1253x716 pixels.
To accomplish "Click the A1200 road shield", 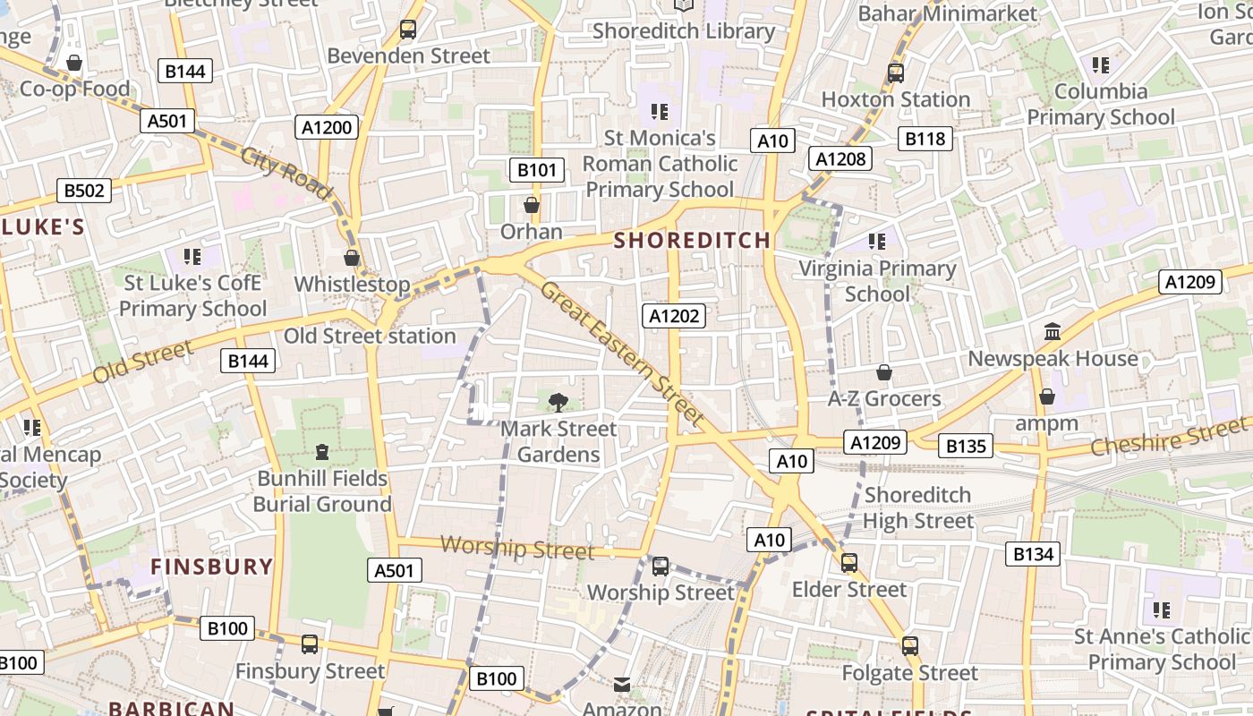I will pyautogui.click(x=327, y=127).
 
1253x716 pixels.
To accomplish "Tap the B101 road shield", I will pyautogui.click(x=537, y=170).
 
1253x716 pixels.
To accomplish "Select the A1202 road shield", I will pyautogui.click(x=673, y=315).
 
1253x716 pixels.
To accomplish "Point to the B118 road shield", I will pyautogui.click(x=925, y=138).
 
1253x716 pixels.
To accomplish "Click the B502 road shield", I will pyautogui.click(x=84, y=190).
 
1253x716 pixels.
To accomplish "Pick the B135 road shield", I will pyautogui.click(x=966, y=446).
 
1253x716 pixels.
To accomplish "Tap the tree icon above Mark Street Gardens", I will pyautogui.click(x=558, y=403).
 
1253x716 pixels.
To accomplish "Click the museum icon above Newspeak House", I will pyautogui.click(x=1053, y=332).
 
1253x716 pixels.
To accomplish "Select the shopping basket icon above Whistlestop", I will pyautogui.click(x=352, y=258).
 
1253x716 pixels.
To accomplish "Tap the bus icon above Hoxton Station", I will pyautogui.click(x=895, y=72).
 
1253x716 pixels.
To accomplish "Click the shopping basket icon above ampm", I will pyautogui.click(x=1046, y=396).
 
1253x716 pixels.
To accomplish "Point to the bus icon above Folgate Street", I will pyautogui.click(x=909, y=645).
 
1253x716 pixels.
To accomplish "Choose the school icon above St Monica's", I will pyautogui.click(x=660, y=112).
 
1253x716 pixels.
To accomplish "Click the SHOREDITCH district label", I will pyautogui.click(x=692, y=240).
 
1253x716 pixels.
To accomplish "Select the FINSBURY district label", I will pyautogui.click(x=211, y=567).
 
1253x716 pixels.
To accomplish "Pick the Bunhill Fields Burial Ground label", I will pyautogui.click(x=322, y=491).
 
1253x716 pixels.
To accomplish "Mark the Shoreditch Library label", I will pyautogui.click(x=684, y=31).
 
